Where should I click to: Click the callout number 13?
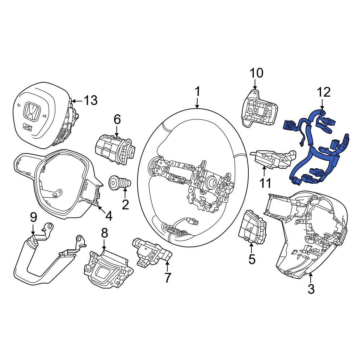coord(90,100)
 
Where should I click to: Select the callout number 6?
coord(117,119)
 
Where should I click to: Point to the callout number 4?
coord(109,216)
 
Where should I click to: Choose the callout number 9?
coord(33,218)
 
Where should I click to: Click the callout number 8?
coord(104,233)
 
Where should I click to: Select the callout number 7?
coord(167,278)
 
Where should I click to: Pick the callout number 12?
coord(324,92)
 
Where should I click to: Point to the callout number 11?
coord(266,183)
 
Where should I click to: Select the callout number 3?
coord(311,289)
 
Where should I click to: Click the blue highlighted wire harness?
coord(317,148)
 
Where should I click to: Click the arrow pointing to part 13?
coord(77,101)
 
